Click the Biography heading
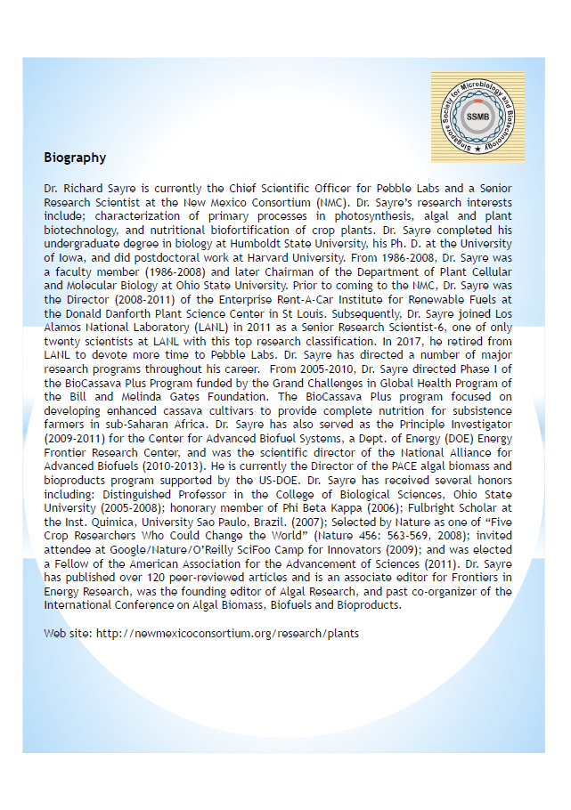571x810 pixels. pos(75,158)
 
